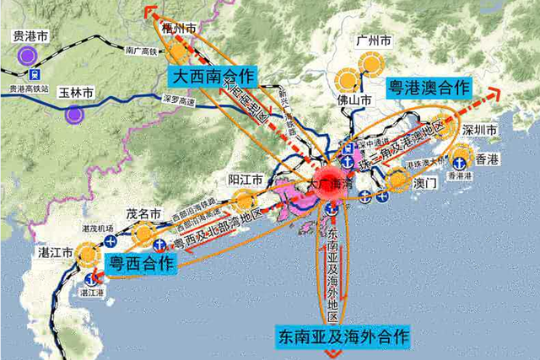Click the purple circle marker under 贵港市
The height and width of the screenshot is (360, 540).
click(28, 56)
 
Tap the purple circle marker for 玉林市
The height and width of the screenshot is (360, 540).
click(74, 113)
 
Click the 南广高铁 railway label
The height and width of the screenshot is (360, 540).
click(143, 51)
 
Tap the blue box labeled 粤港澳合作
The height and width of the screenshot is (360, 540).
click(428, 87)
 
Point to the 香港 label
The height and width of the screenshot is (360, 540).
click(486, 159)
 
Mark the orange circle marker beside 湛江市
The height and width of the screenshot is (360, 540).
click(87, 251)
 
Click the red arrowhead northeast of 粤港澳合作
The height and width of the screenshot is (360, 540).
click(504, 90)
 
